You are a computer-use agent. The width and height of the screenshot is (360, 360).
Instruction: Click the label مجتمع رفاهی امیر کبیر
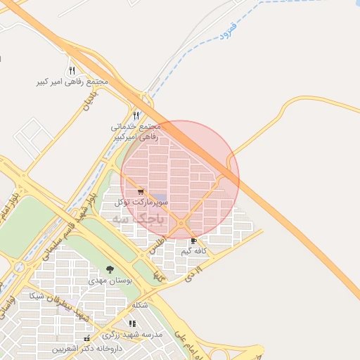pyautogui.click(x=73, y=82)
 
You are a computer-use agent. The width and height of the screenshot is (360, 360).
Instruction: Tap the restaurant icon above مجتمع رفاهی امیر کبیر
pyautogui.click(x=72, y=70)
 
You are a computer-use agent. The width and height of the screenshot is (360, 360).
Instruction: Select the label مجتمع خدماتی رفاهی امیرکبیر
pyautogui.click(x=136, y=131)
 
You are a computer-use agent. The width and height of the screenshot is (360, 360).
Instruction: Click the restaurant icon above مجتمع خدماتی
pyautogui.click(x=136, y=115)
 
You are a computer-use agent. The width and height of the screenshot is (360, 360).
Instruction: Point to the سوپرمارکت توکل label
pyautogui.click(x=143, y=202)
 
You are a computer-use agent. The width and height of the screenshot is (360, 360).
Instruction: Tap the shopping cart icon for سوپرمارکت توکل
pyautogui.click(x=141, y=191)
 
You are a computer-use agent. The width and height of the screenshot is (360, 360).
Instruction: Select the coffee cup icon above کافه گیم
pyautogui.click(x=193, y=240)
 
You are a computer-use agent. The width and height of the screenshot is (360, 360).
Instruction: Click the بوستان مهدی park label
pyautogui.click(x=108, y=280)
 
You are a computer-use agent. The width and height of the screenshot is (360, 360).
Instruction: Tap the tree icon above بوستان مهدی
pyautogui.click(x=109, y=269)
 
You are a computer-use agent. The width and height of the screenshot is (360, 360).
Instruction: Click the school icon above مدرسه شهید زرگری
pyautogui.click(x=131, y=323)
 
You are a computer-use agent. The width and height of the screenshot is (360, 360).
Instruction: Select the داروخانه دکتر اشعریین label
pyautogui.click(x=89, y=348)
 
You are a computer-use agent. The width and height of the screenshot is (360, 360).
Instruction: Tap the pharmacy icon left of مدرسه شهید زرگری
pyautogui.click(x=87, y=338)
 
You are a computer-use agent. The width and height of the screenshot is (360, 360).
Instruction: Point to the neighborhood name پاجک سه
pyautogui.click(x=137, y=219)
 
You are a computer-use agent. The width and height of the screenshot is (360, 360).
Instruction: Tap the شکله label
pyautogui.click(x=140, y=306)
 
